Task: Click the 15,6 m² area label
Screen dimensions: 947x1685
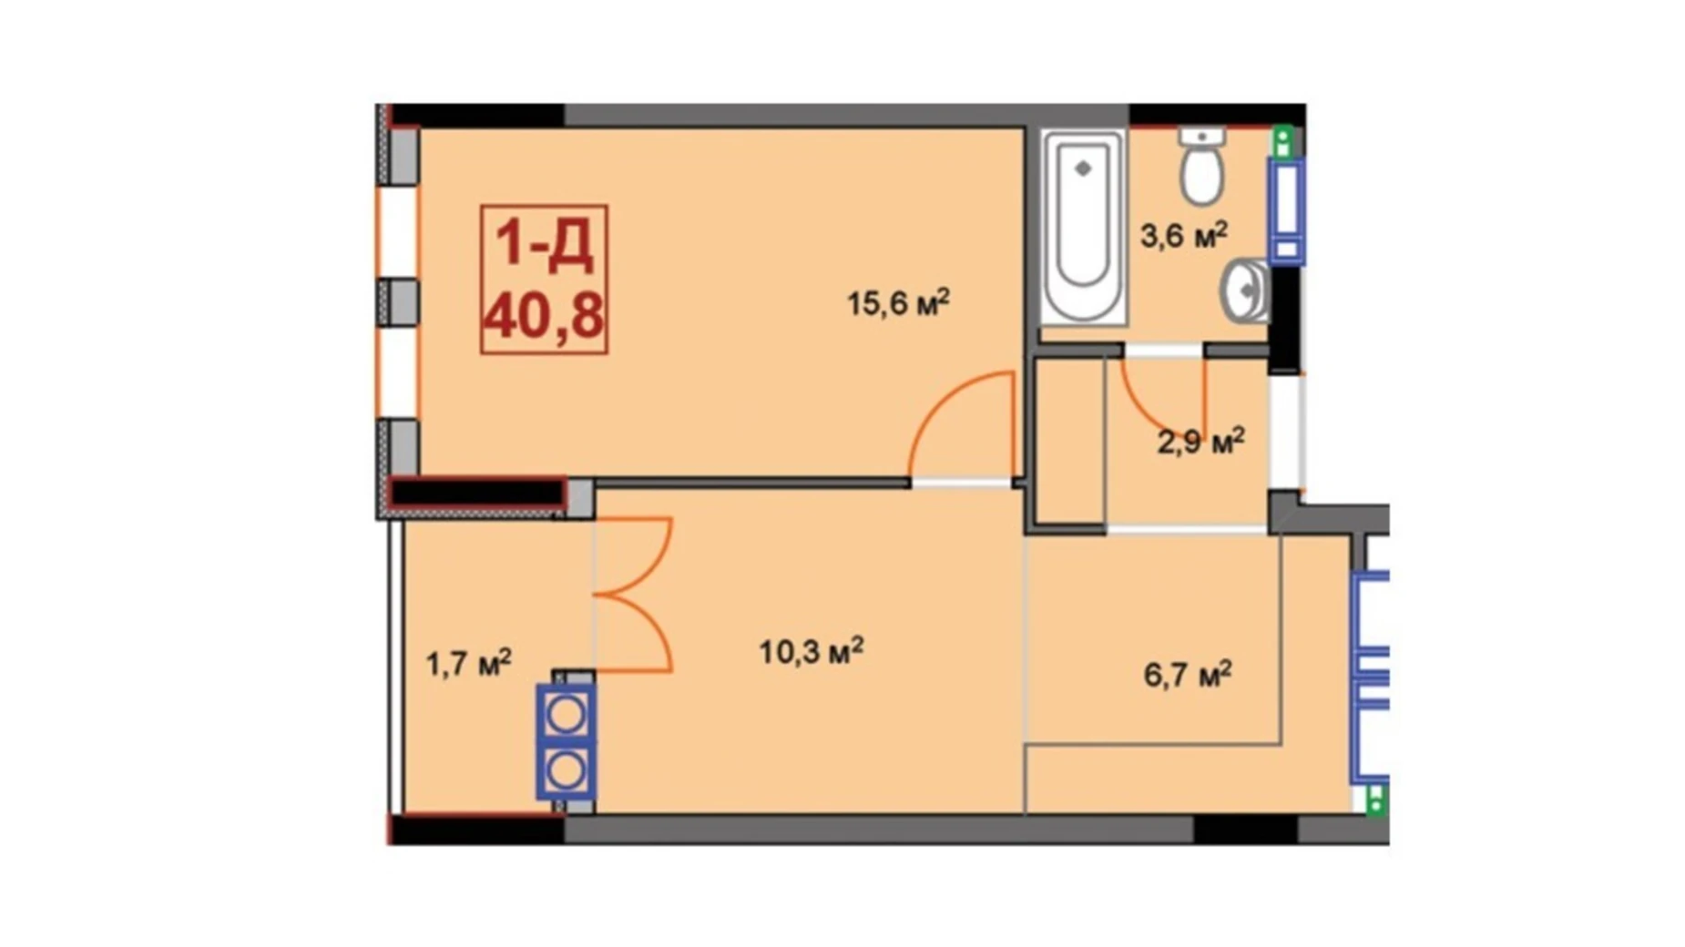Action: [x=898, y=302]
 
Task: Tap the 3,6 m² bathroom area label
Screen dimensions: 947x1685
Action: [x=1183, y=235]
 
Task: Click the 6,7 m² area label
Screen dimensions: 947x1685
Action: [x=1187, y=675]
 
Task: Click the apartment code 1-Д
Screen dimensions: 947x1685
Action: [x=544, y=244]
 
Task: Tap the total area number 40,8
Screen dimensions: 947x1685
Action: [x=544, y=317]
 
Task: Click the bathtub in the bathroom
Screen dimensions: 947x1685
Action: [x=1083, y=226]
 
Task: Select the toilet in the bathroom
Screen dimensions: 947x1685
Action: [x=1202, y=169]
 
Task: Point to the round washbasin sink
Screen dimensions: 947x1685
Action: [x=1245, y=290]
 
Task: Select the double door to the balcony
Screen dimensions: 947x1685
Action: [x=635, y=596]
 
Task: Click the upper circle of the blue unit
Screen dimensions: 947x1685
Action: [x=566, y=716]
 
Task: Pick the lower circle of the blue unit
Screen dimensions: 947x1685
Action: [x=566, y=772]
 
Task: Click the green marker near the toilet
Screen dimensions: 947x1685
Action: [x=1282, y=141]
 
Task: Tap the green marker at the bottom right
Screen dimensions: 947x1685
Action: [x=1375, y=800]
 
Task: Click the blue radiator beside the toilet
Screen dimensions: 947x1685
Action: [x=1286, y=210]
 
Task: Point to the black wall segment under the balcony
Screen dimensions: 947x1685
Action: [x=476, y=830]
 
